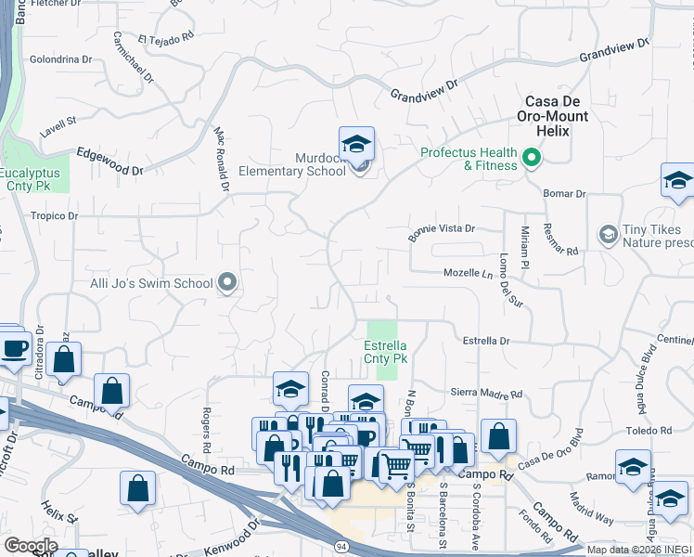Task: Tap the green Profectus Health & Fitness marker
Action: click(532, 159)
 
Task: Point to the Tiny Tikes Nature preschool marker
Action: click(609, 232)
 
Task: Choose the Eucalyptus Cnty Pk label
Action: click(30, 179)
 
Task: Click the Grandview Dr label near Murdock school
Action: click(425, 91)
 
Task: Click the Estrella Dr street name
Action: click(486, 341)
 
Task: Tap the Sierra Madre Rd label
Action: click(486, 394)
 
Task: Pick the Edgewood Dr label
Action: click(109, 162)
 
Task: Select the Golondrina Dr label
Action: click(61, 58)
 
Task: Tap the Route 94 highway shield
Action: click(341, 548)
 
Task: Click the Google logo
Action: click(31, 546)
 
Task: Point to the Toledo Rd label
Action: click(648, 431)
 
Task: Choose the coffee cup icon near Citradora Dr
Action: click(14, 348)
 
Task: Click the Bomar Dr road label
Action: click(567, 194)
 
